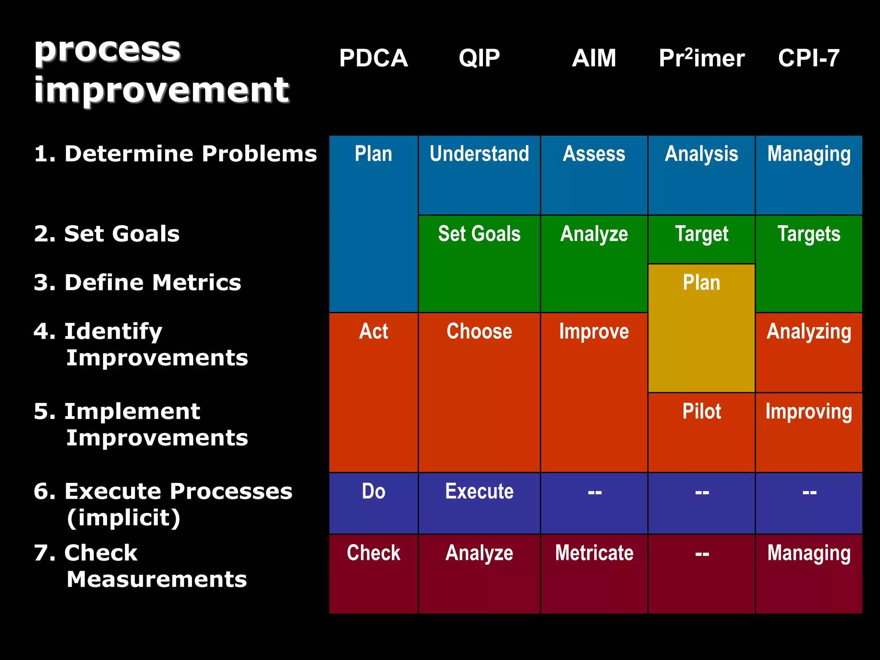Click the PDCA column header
(x=373, y=58)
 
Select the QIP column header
(x=479, y=58)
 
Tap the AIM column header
(x=594, y=58)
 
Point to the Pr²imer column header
(x=701, y=58)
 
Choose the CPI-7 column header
(x=809, y=58)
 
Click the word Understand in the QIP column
(x=479, y=154)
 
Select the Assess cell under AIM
(x=594, y=154)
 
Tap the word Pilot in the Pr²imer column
(x=701, y=411)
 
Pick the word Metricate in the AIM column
(x=594, y=553)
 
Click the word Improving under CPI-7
(x=809, y=412)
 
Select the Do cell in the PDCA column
(x=373, y=492)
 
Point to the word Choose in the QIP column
(x=479, y=331)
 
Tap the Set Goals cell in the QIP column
(x=479, y=234)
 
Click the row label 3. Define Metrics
(x=137, y=283)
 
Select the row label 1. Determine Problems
(x=175, y=154)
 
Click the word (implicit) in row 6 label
(x=123, y=518)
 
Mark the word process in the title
(x=107, y=49)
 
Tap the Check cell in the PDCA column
(x=373, y=553)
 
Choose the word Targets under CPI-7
(x=809, y=234)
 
